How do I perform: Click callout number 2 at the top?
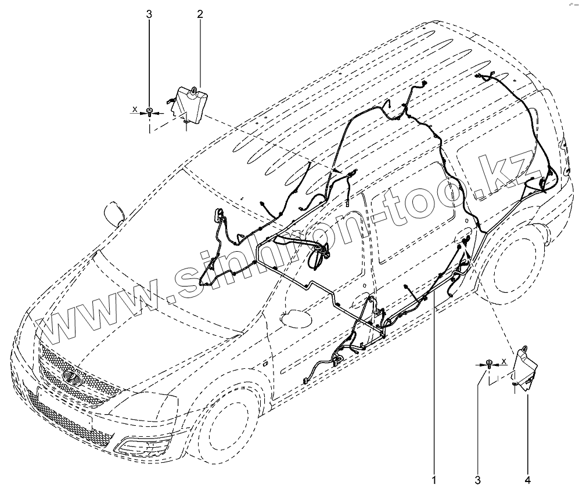200,14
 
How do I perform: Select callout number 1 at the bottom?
434,480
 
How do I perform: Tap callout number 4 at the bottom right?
528,480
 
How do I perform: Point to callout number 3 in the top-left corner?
149,14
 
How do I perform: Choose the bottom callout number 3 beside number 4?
477,480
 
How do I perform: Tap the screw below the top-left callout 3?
149,111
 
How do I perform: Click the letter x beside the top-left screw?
135,108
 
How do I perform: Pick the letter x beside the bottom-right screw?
504,361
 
